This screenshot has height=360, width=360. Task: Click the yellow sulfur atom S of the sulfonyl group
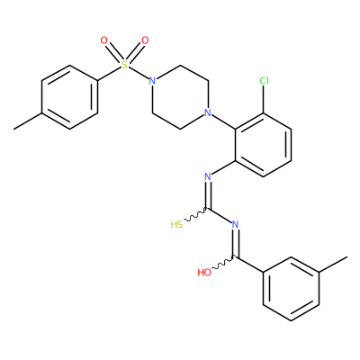pyautogui.click(x=124, y=65)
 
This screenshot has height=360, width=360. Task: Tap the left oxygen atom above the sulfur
pyautogui.click(x=103, y=40)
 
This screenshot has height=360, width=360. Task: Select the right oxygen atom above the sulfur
pyautogui.click(x=145, y=40)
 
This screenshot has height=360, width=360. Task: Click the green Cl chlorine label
pyautogui.click(x=264, y=80)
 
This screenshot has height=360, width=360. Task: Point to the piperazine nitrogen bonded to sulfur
pyautogui.click(x=152, y=81)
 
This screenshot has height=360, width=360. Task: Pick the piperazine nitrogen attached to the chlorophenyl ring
pyautogui.click(x=208, y=112)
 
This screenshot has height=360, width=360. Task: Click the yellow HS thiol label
pyautogui.click(x=176, y=224)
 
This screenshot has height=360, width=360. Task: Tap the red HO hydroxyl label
pyautogui.click(x=204, y=273)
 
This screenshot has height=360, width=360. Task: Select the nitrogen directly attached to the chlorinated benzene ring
pyautogui.click(x=208, y=176)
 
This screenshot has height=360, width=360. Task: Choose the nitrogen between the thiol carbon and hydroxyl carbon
pyautogui.click(x=235, y=224)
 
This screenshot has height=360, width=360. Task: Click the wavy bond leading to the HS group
pyautogui.click(x=195, y=214)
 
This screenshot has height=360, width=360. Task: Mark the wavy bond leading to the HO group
pyautogui.click(x=223, y=262)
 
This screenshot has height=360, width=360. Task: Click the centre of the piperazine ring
pyautogui.click(x=180, y=97)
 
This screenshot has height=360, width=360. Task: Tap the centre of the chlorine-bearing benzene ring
pyautogui.click(x=263, y=145)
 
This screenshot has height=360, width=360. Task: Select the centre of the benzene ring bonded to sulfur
pyautogui.click(x=69, y=97)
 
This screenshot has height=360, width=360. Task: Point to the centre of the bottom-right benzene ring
pyautogui.click(x=291, y=289)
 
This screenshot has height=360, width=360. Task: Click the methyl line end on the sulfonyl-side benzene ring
pyautogui.click(x=13, y=130)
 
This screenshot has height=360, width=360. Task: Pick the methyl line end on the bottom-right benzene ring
pyautogui.click(x=347, y=256)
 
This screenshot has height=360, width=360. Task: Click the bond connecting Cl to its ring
pyautogui.click(x=264, y=99)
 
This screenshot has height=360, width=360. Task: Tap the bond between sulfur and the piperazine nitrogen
pyautogui.click(x=139, y=73)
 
